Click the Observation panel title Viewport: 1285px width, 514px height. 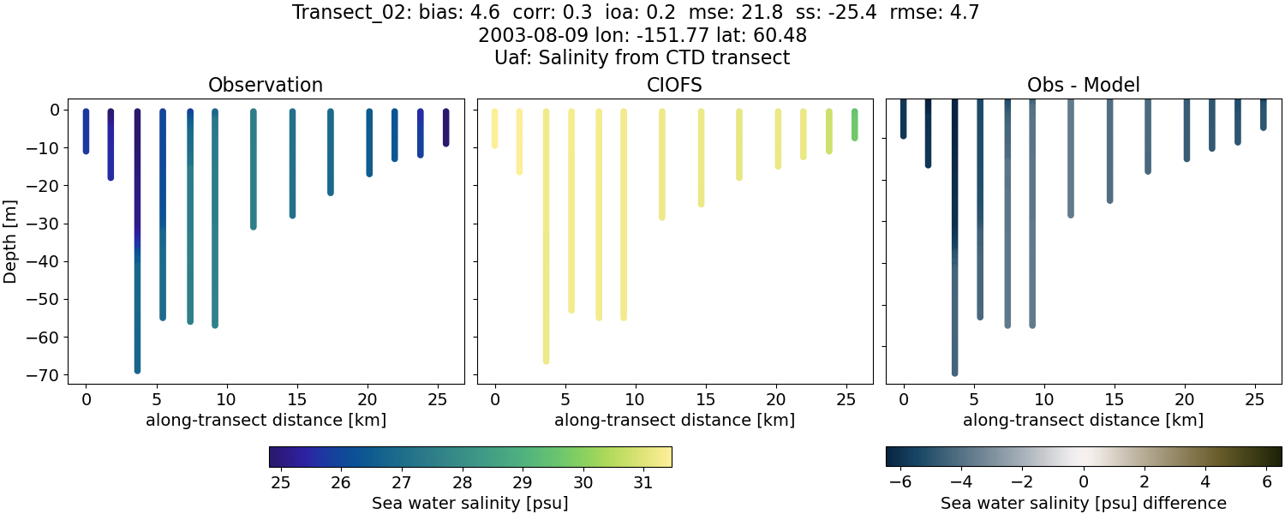tap(266, 85)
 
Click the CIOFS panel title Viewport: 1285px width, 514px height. tap(674, 85)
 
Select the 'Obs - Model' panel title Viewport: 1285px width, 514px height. tap(1083, 85)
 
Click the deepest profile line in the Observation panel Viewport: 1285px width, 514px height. tap(137, 257)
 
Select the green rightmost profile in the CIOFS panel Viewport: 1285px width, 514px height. tap(854, 125)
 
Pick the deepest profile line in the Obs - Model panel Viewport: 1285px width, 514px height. tap(954, 257)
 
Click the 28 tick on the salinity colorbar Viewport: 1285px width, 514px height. tap(463, 482)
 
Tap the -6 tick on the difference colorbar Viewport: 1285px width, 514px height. tap(899, 482)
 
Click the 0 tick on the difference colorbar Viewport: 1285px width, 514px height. tap(1084, 482)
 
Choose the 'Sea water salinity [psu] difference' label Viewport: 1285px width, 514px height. tap(1083, 503)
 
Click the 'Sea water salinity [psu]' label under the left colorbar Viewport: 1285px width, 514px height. tap(469, 503)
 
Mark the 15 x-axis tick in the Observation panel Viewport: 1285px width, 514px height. tap(296, 399)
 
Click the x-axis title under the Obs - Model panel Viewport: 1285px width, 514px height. tap(1083, 420)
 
